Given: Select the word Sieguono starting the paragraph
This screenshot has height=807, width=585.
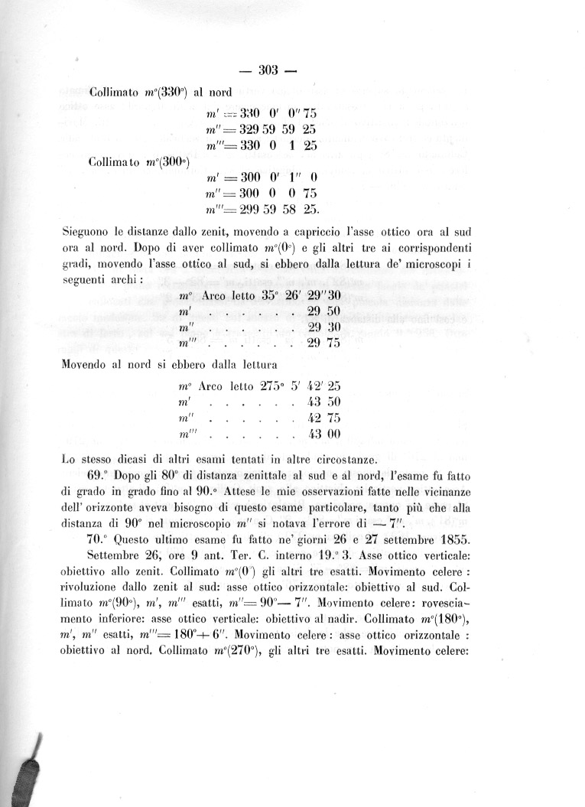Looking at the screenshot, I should [x=86, y=229].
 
